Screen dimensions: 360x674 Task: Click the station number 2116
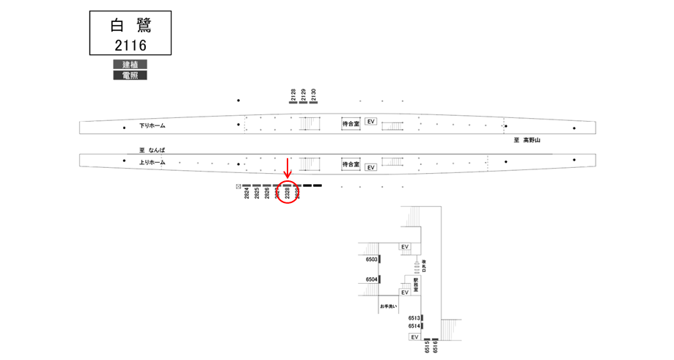130,45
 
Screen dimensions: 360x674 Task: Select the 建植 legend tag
130,65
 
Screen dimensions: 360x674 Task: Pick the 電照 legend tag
130,75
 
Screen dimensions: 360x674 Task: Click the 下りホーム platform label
153,126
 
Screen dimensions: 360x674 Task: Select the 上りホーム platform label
153,162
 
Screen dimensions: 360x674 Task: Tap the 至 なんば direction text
151,150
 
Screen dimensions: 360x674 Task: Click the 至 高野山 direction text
526,139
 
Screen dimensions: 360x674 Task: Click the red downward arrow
287,166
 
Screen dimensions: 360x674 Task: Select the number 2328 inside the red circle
287,194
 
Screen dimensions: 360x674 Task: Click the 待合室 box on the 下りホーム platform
351,125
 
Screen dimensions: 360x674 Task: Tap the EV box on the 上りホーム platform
371,167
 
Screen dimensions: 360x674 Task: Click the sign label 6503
371,260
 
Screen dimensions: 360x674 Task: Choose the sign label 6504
371,280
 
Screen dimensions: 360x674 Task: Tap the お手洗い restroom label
389,305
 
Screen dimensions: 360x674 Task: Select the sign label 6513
414,317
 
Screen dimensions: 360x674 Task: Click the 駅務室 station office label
415,284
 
